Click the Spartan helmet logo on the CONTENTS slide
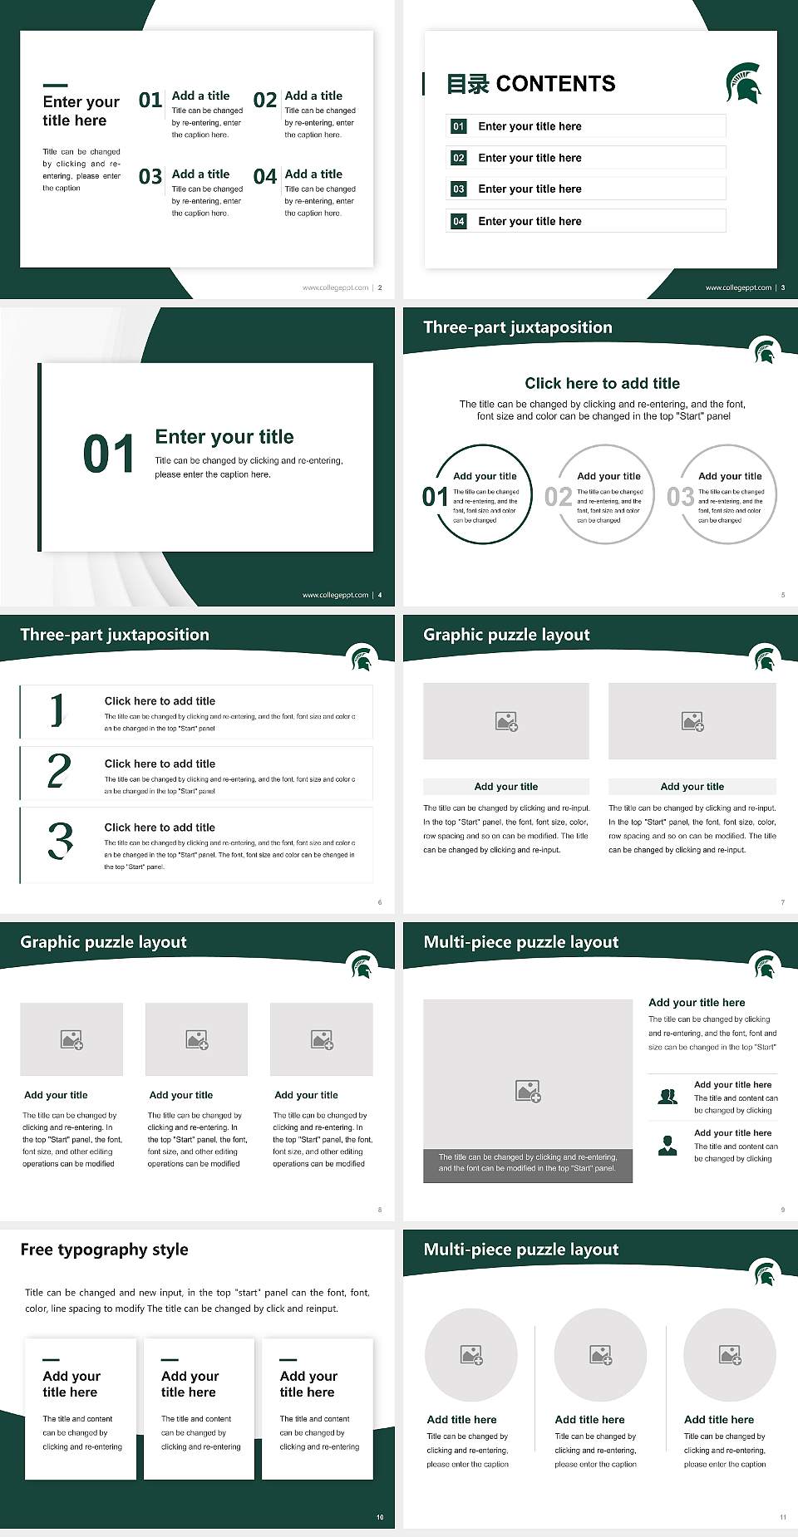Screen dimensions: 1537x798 tap(743, 83)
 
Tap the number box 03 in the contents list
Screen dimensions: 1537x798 tap(459, 189)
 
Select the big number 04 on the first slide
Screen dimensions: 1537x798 tap(265, 176)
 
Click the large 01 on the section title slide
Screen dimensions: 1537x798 tap(109, 454)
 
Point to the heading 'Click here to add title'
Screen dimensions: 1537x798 tap(602, 383)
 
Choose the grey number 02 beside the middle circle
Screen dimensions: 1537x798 tap(558, 497)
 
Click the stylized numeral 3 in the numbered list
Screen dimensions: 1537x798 tap(60, 840)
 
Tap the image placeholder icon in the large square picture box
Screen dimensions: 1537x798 tap(528, 1091)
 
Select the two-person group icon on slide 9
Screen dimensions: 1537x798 tap(667, 1097)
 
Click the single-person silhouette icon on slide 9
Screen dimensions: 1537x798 tap(667, 1146)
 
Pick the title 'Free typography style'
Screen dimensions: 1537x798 tap(104, 1250)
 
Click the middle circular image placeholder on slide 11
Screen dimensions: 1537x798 tap(600, 1355)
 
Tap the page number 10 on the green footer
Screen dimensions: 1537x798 tap(380, 1517)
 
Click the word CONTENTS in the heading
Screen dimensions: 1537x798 tap(555, 84)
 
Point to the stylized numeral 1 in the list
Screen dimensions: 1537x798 tap(57, 710)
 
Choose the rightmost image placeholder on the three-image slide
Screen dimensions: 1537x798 tap(322, 1039)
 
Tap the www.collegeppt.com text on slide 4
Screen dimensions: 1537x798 tap(335, 595)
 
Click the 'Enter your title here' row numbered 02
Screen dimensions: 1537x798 tap(585, 158)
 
